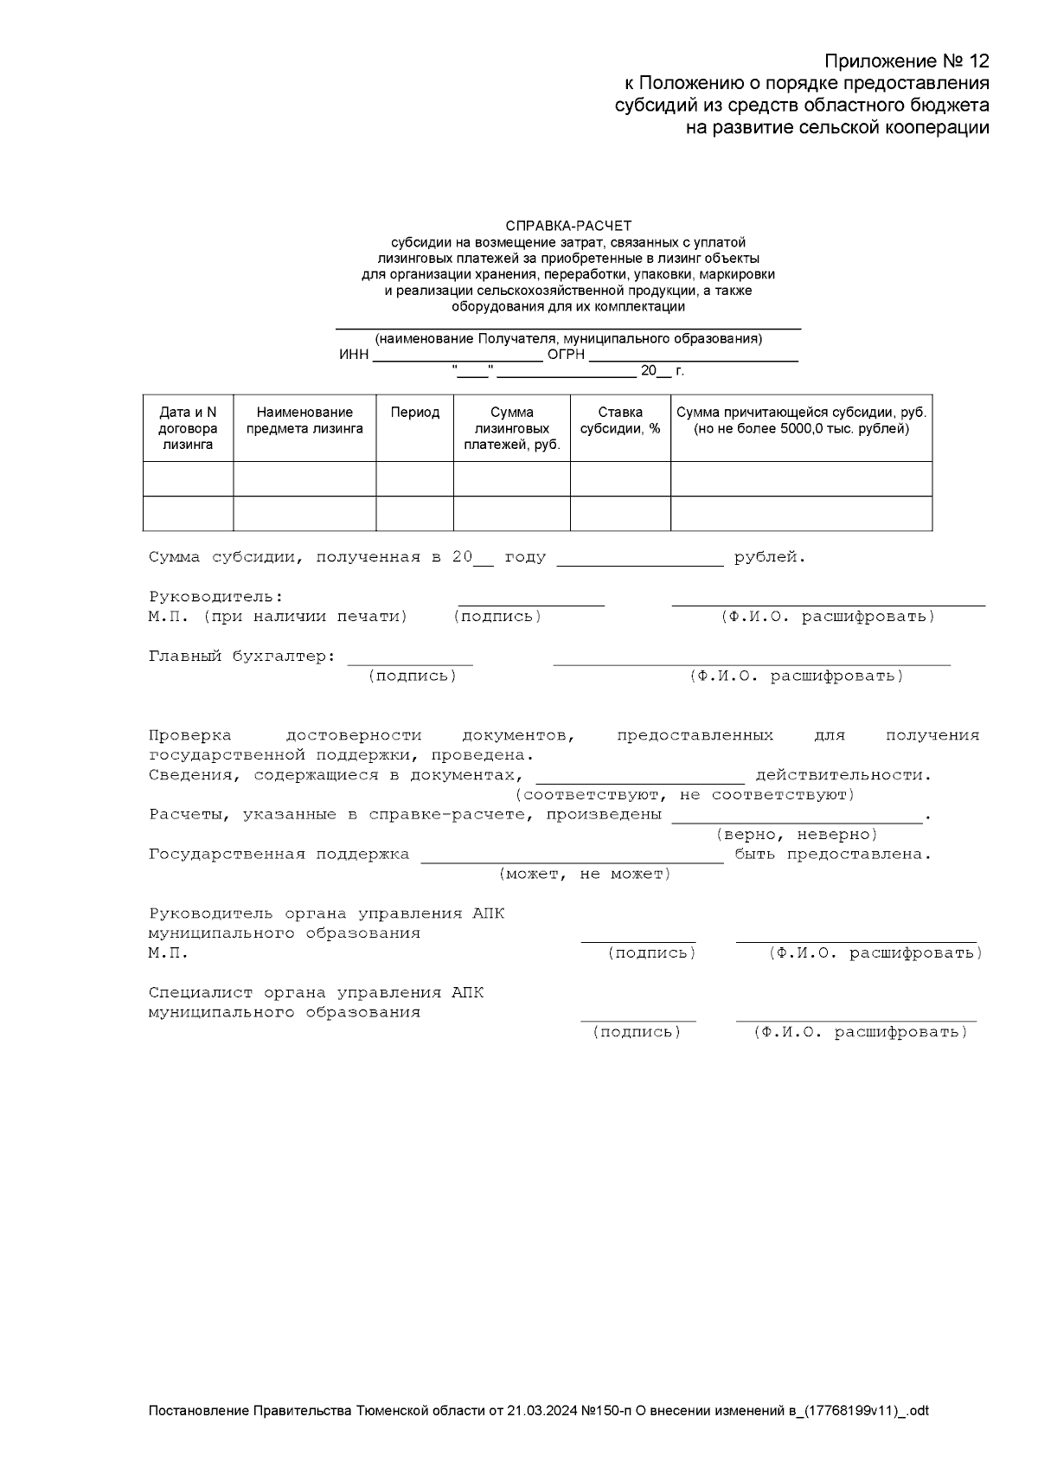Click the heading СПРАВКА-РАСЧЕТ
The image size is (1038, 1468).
point(568,226)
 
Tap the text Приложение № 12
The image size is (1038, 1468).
point(906,61)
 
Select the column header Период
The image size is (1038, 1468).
point(414,413)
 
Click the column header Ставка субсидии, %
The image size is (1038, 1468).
point(619,420)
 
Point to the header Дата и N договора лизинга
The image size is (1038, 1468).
point(188,428)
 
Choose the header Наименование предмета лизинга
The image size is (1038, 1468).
point(304,420)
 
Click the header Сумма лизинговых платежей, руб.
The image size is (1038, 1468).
point(511,428)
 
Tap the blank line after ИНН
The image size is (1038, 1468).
point(457,356)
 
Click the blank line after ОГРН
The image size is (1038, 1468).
point(693,356)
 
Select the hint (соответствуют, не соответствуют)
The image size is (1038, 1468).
point(685,794)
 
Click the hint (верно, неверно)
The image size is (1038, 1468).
point(796,834)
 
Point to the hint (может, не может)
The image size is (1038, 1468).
point(585,874)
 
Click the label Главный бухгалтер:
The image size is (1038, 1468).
point(242,657)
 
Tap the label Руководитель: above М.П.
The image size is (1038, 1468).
point(215,597)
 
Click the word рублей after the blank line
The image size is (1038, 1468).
point(769,557)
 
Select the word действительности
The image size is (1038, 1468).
point(843,775)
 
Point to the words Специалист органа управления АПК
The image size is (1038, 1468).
point(316,993)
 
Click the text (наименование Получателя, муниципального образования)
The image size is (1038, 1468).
point(568,338)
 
